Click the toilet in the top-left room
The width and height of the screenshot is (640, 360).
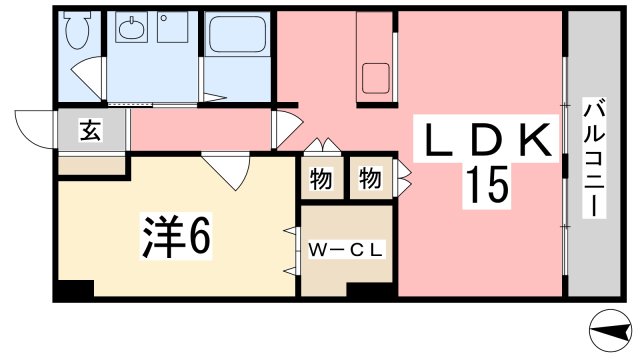pos(77,29)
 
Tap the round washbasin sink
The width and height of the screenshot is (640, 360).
pos(131,28)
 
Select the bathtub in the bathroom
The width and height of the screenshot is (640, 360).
pos(237,34)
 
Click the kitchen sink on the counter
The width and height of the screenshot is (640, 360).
pos(375,78)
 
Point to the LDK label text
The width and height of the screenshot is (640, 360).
pos(486,140)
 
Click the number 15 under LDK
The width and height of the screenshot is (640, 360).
pos(487,185)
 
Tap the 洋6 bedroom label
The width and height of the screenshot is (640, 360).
pos(176,236)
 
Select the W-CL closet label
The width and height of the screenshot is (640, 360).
pos(346,250)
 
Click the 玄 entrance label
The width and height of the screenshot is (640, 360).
pos(91,130)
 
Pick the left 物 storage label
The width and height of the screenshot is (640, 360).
pos(321,179)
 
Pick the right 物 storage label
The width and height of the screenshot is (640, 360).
pos(370,179)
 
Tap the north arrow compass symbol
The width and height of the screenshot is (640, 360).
pos(610,330)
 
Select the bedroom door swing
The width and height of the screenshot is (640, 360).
pos(227,171)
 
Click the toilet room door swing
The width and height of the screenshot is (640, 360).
pos(87,78)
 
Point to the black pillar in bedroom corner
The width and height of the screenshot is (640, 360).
pos(76,288)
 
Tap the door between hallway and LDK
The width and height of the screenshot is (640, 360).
pos(288,129)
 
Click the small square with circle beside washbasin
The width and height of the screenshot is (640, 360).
pos(173,27)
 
